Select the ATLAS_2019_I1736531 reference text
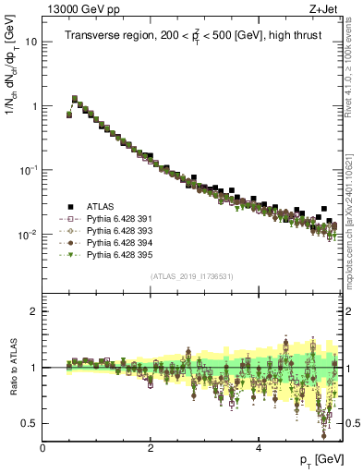click(191, 275)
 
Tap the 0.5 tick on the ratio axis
click(30, 423)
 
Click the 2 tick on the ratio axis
click(34, 311)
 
